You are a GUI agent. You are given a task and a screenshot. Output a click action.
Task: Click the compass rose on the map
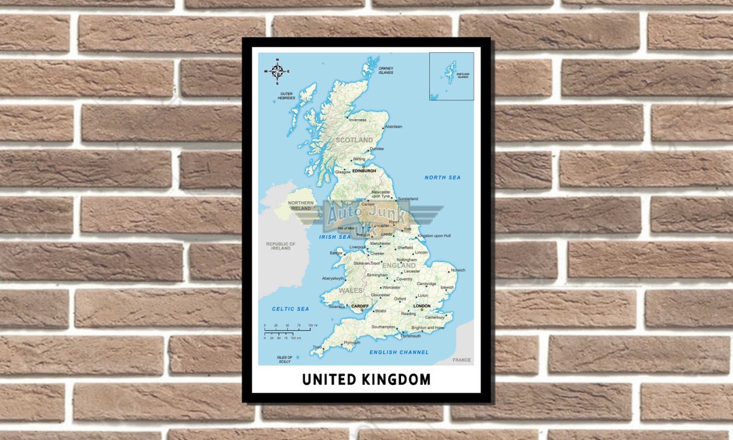click(277, 71)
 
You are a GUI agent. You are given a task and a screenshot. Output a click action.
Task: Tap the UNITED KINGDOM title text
click(366, 380)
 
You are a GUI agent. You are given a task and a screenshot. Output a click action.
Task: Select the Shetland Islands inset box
click(451, 76)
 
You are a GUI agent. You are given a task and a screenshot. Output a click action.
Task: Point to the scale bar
click(288, 332)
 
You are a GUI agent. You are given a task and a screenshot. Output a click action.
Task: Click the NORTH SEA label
click(443, 178)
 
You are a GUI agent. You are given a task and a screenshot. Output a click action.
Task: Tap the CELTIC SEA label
click(290, 309)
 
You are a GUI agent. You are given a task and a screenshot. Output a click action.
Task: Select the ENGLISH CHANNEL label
click(399, 352)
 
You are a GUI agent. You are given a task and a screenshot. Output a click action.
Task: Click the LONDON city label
click(422, 306)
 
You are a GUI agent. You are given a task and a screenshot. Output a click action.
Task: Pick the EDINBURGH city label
click(364, 171)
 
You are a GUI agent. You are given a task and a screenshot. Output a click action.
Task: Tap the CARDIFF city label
click(360, 306)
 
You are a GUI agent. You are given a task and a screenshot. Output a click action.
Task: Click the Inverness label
click(357, 120)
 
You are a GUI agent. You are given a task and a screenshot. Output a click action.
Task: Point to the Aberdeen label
click(394, 127)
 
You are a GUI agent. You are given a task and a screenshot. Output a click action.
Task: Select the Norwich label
click(458, 270)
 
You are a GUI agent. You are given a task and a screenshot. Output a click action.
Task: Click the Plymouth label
click(352, 343)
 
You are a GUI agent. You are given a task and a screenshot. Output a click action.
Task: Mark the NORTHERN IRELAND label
click(301, 205)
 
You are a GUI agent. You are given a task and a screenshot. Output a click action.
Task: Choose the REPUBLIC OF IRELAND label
click(281, 246)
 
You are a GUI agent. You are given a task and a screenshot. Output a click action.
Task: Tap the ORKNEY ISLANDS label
click(386, 71)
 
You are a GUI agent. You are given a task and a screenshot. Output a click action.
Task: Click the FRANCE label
click(462, 360)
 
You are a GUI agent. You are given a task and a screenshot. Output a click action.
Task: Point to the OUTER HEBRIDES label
click(286, 96)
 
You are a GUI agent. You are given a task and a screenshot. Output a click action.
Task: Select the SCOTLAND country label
click(354, 140)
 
